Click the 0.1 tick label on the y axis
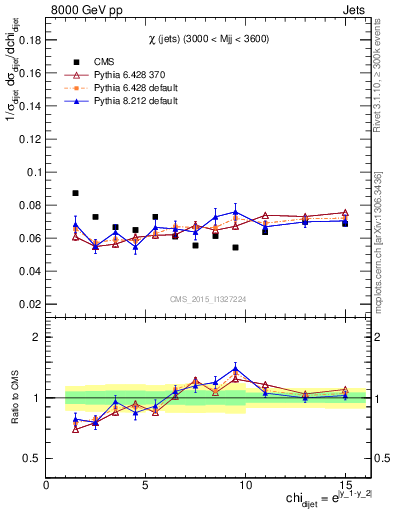[33, 172]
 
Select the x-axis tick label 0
[47, 485]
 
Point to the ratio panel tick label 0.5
[32, 458]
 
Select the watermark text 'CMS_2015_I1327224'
[208, 297]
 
